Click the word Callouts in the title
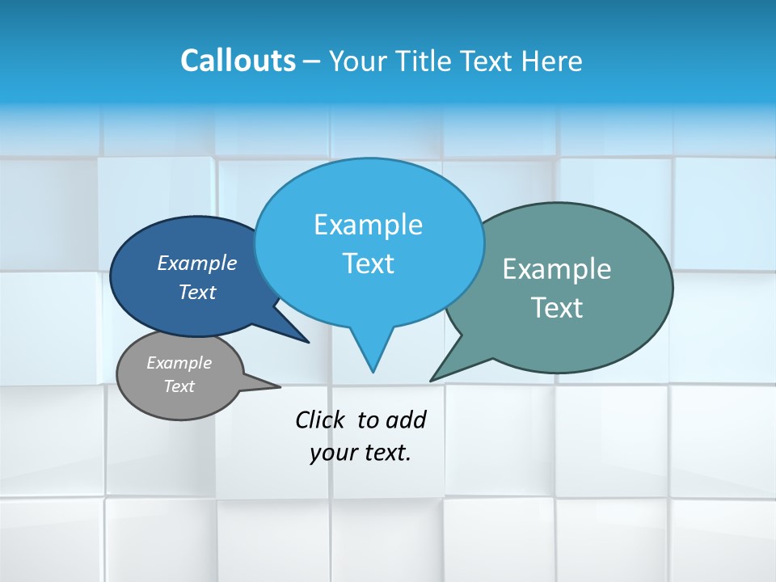(238, 61)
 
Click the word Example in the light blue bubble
(368, 225)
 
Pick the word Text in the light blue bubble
(368, 264)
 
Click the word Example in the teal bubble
(557, 269)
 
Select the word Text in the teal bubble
(557, 308)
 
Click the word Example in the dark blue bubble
(197, 263)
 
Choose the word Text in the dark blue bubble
(197, 292)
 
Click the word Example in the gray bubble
(179, 363)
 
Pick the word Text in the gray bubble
(179, 386)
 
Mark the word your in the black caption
(331, 453)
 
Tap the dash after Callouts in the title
(312, 61)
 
